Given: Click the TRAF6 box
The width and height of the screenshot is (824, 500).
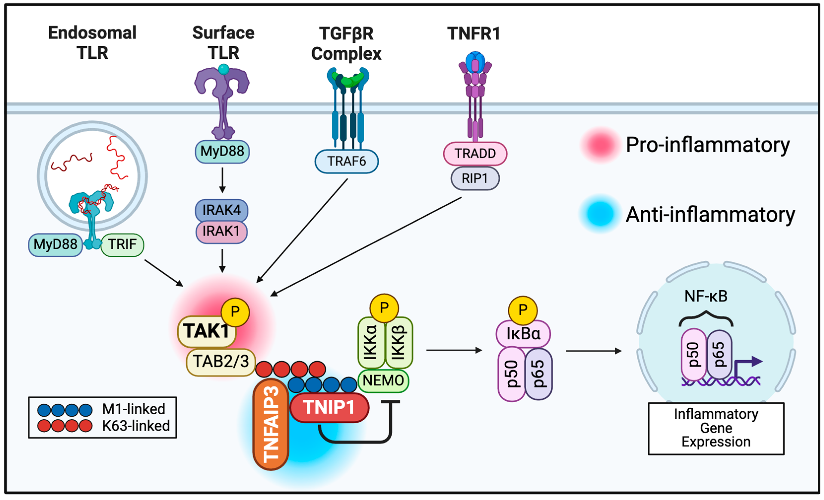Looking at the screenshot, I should [x=347, y=161].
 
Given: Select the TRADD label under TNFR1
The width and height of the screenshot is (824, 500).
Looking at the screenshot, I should [x=475, y=153].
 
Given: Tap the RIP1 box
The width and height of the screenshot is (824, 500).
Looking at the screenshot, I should [x=475, y=178].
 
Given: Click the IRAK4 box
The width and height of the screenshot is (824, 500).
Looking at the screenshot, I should [x=222, y=210].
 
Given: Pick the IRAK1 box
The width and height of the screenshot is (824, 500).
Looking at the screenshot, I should [x=222, y=231].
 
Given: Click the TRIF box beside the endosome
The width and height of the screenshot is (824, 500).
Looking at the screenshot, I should [x=122, y=245].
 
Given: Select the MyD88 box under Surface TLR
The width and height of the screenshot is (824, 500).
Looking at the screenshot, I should [x=222, y=151].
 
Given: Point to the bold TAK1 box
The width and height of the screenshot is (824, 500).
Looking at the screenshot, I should [x=206, y=331].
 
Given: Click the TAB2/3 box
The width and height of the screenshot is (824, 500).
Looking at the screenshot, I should [x=221, y=362].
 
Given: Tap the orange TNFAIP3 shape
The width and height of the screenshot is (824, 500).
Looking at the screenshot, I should [x=271, y=424].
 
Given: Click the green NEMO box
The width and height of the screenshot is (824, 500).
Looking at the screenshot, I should [x=383, y=380].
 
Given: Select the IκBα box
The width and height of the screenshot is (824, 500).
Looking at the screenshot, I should [x=523, y=334].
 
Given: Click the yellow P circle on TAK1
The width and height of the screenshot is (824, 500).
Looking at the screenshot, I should [x=235, y=312].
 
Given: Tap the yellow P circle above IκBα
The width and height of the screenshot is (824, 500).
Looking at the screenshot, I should [x=523, y=310].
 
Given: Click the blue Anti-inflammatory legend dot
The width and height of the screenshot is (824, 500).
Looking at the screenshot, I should [x=601, y=214].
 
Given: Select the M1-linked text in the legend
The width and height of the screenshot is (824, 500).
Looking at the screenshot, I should [x=134, y=409].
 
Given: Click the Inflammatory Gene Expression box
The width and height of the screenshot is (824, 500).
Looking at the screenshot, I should [x=716, y=428].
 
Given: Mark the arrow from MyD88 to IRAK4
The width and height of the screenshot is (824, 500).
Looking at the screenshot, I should [x=222, y=180].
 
